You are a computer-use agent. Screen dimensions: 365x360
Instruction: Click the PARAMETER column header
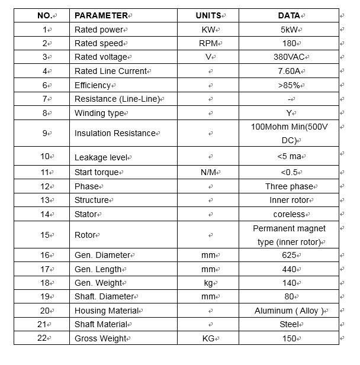click(x=102, y=15)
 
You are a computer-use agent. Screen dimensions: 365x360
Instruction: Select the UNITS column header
click(x=208, y=15)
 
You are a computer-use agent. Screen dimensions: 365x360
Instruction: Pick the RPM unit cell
click(x=208, y=43)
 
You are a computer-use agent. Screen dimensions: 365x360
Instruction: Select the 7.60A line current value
click(x=288, y=71)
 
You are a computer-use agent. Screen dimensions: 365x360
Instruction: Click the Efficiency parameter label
click(x=93, y=85)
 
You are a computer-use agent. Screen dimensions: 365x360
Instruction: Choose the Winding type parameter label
click(x=99, y=113)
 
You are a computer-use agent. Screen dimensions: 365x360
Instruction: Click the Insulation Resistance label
click(x=115, y=133)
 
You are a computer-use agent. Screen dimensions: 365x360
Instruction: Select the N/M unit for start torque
click(x=208, y=172)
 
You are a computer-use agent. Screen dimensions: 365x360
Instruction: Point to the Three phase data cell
click(x=289, y=186)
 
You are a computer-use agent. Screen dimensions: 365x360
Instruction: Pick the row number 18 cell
click(x=45, y=283)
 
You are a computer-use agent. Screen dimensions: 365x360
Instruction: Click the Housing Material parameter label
click(x=107, y=311)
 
